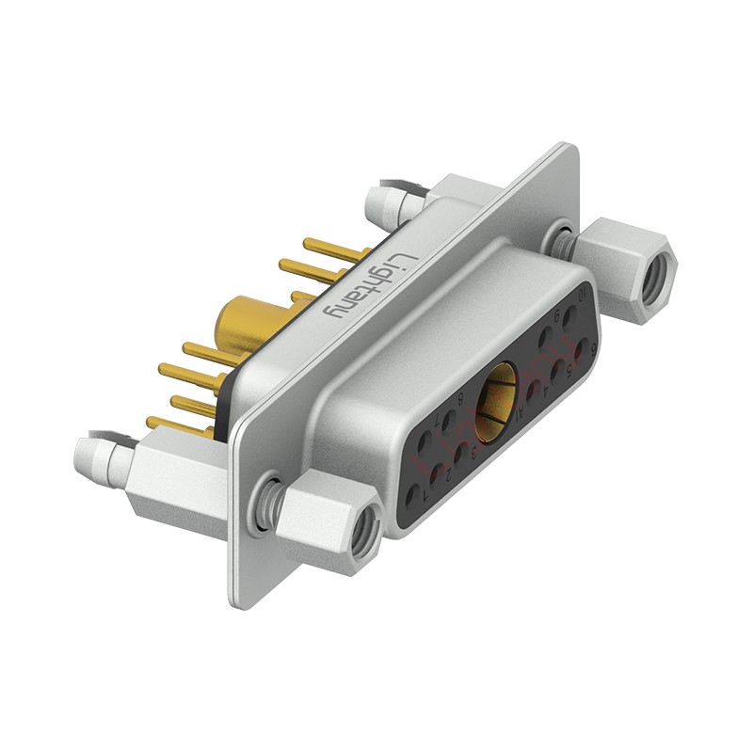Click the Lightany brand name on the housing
point(370,283)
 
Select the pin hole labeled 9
point(546,336)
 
